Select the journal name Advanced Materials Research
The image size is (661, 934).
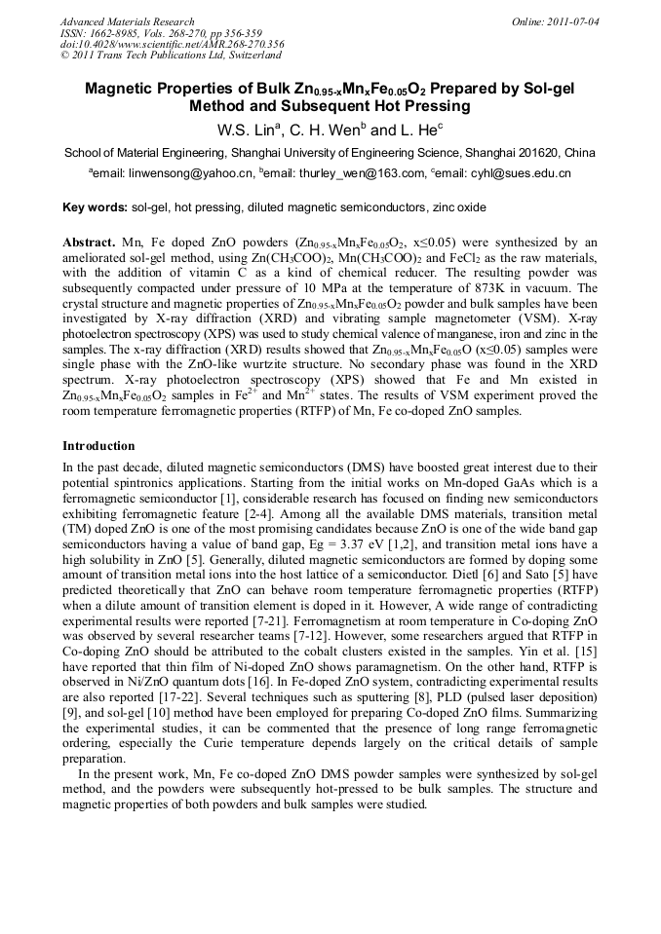coord(127,21)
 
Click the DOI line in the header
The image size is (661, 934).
coord(172,45)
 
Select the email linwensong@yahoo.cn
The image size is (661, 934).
coord(187,173)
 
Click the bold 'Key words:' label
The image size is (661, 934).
coord(95,207)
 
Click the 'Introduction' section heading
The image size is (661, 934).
coord(98,445)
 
